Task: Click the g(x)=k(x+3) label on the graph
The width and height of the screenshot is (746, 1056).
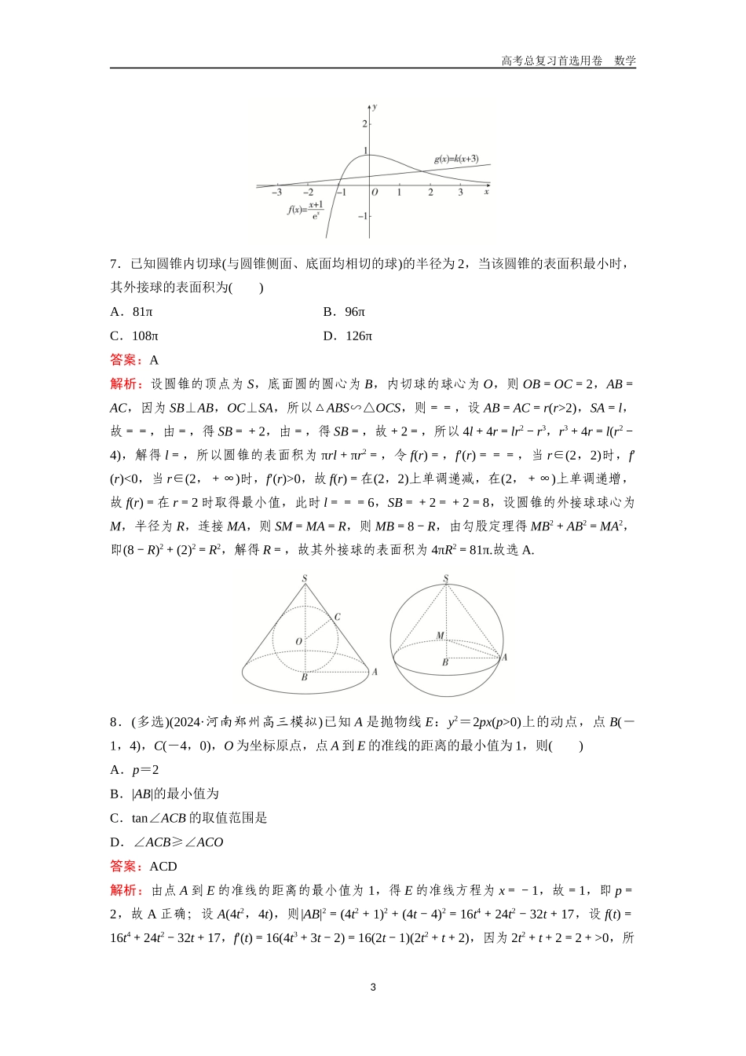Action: [x=456, y=159]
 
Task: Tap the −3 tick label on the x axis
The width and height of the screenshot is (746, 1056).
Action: [x=276, y=192]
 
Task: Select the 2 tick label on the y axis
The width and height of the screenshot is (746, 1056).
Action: [x=364, y=124]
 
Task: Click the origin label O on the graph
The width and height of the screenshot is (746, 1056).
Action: [x=375, y=192]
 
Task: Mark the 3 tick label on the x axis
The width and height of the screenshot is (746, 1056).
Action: [x=460, y=192]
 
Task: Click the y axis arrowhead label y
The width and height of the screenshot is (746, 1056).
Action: [x=375, y=105]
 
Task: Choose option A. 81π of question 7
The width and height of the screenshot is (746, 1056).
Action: [x=131, y=312]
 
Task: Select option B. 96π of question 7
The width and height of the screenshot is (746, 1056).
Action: [x=344, y=312]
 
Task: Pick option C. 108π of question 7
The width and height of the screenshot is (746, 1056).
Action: [x=134, y=336]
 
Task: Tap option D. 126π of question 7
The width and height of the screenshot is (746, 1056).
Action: [x=347, y=336]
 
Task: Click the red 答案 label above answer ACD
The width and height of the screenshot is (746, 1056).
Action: [x=126, y=866]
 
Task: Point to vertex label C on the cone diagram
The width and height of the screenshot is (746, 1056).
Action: [x=338, y=617]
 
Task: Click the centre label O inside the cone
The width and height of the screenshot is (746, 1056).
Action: [x=298, y=642]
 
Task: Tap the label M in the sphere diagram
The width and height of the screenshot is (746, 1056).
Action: [x=440, y=636]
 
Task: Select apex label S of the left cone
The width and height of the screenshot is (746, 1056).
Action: [x=305, y=579]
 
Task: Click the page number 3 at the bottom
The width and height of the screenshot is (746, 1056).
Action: [x=373, y=987]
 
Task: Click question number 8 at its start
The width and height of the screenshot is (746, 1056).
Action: [x=114, y=722]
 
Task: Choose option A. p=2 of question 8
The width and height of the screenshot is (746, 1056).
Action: [x=134, y=770]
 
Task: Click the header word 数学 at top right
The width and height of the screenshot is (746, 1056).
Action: [x=625, y=60]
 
